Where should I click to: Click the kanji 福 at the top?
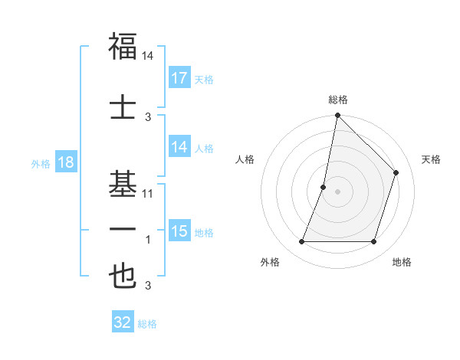point(123,46)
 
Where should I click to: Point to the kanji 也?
point(123,276)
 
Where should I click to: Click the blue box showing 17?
point(179,78)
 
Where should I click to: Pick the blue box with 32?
point(123,322)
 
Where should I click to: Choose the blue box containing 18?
point(65,163)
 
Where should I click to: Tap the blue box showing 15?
point(179,231)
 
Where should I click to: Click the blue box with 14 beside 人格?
point(179,148)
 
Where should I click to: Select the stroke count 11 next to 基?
point(148,193)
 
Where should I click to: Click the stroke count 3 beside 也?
point(148,286)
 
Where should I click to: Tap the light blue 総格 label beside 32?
point(147,324)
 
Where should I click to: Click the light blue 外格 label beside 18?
point(41,164)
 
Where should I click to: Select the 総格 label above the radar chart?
point(338,100)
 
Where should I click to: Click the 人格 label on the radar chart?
point(245,159)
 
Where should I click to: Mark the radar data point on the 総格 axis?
point(337,115)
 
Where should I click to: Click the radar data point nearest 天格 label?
point(396,172)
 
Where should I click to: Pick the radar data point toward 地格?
point(374,242)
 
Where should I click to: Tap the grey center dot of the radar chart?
point(337,191)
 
